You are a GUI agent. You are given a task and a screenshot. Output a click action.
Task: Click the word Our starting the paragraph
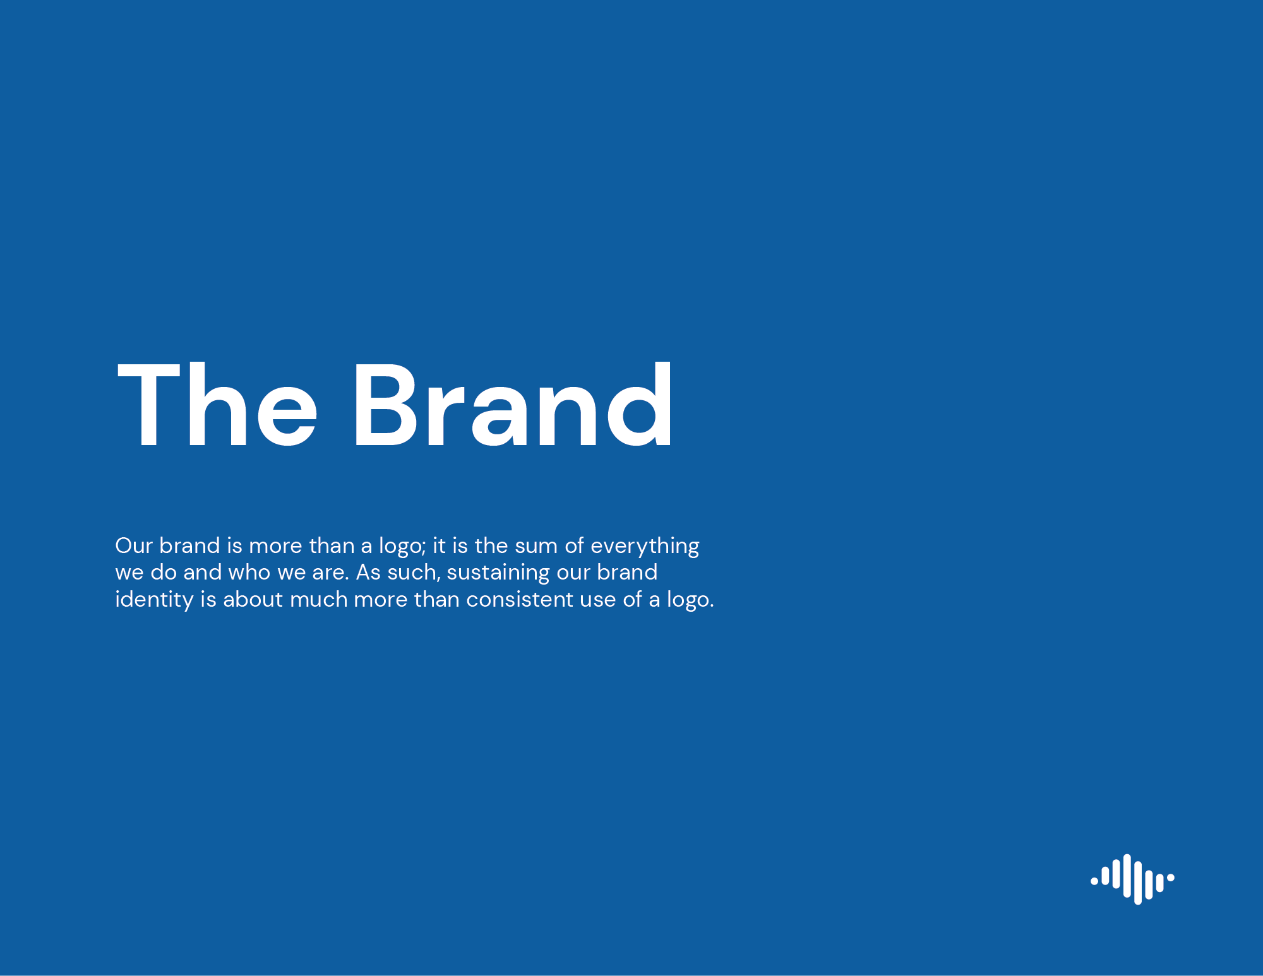[x=134, y=545]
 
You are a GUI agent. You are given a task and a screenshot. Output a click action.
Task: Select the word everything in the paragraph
[x=645, y=547]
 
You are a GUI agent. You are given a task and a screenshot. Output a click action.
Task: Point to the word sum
[x=536, y=547]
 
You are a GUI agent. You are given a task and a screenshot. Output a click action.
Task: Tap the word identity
[x=154, y=600]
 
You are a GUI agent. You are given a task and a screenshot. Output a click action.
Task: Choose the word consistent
[x=520, y=600]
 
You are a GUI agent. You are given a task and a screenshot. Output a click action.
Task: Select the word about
[x=253, y=599]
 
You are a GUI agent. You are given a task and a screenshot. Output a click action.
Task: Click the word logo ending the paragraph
[x=688, y=600]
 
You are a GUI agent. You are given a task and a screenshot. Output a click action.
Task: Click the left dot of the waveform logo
[x=1094, y=881]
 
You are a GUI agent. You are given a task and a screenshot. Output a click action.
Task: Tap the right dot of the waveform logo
[x=1170, y=878]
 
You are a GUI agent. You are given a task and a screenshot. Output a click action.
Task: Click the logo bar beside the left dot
[x=1105, y=876]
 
